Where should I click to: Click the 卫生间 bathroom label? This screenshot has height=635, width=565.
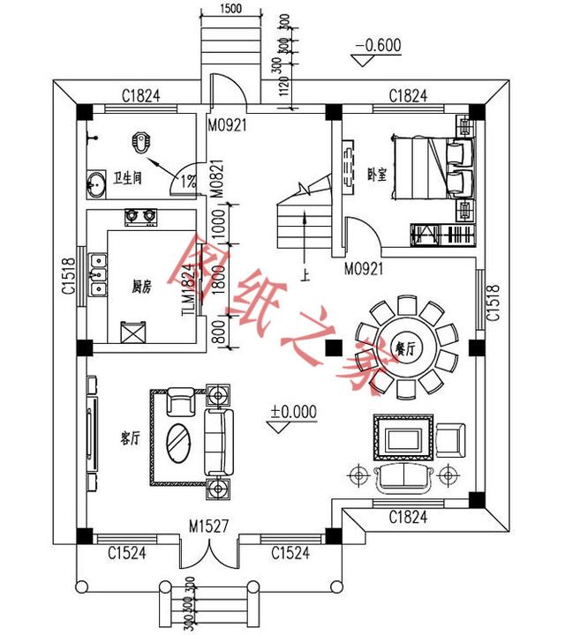click(128, 176)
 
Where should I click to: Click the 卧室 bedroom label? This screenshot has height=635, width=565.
click(377, 174)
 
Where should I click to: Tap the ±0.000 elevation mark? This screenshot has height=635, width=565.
click(294, 411)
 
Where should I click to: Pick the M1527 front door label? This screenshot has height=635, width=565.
click(209, 527)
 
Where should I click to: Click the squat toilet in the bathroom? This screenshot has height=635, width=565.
click(142, 140)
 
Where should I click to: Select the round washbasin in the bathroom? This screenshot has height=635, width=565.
click(96, 186)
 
